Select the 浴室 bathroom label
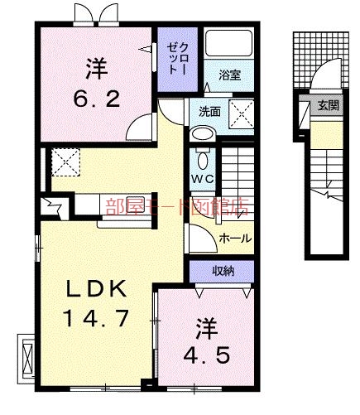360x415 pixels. click(x=229, y=75)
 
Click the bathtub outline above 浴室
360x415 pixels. click(x=228, y=46)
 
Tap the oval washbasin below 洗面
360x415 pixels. click(x=201, y=133)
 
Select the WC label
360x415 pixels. click(x=204, y=179)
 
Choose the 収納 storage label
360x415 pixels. click(x=222, y=270)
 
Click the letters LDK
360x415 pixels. click(x=97, y=290)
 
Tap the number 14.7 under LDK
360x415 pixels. click(x=98, y=316)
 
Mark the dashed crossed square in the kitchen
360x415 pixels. click(x=64, y=161)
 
